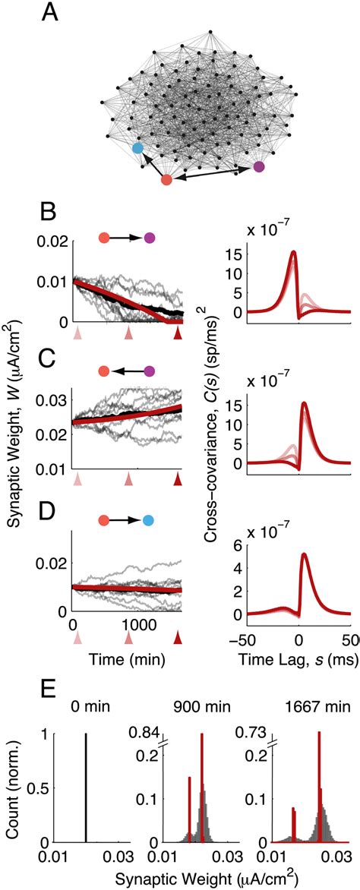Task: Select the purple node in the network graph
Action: pyautogui.click(x=259, y=166)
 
